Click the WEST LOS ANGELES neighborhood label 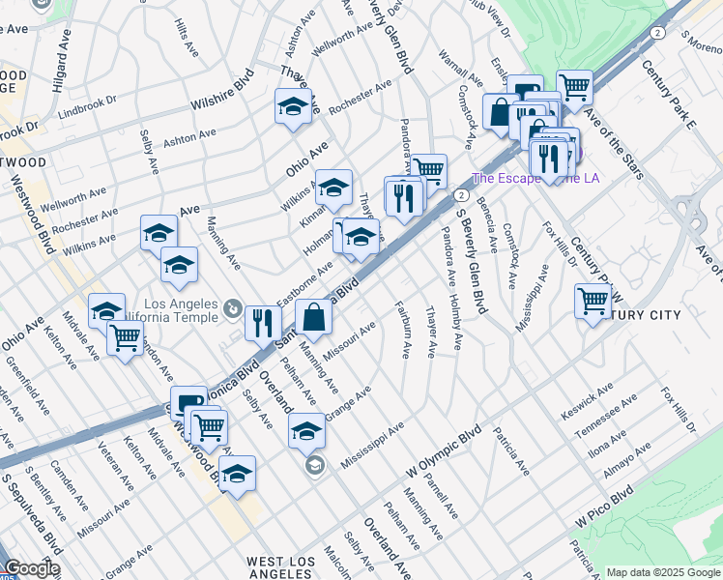point(280,567)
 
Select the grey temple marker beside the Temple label point(232,308)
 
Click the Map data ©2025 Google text point(662,572)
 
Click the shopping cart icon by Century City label point(593,301)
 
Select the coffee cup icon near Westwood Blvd point(188,402)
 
